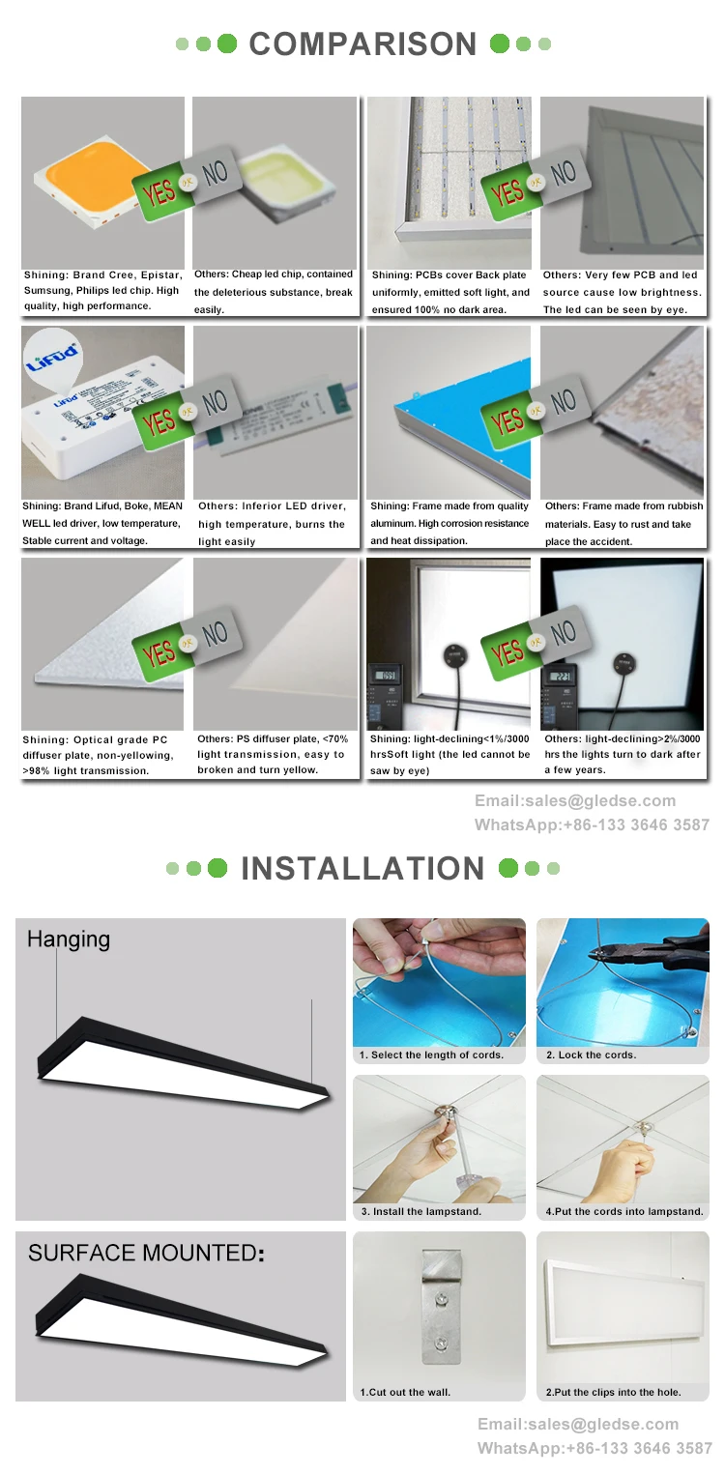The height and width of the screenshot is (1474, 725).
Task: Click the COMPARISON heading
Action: tap(362, 44)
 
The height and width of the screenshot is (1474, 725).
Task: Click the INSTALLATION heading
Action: tap(362, 868)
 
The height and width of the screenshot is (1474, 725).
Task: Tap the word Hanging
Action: tap(69, 939)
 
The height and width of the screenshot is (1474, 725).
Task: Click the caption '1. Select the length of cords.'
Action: tap(431, 1055)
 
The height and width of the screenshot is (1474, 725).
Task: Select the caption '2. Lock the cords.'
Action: tap(592, 1055)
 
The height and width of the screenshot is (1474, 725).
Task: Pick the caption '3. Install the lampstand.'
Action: tap(420, 1211)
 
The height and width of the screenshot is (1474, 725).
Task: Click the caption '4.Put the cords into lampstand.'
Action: tap(624, 1211)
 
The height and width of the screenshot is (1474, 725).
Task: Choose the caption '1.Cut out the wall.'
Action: tap(405, 1392)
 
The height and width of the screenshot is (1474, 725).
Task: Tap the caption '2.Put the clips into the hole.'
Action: tap(613, 1392)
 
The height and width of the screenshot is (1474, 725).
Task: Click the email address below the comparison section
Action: tap(575, 800)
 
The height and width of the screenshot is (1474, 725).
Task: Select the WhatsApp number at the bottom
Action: tap(594, 1448)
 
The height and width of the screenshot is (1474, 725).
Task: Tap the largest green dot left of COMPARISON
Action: tap(227, 43)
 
